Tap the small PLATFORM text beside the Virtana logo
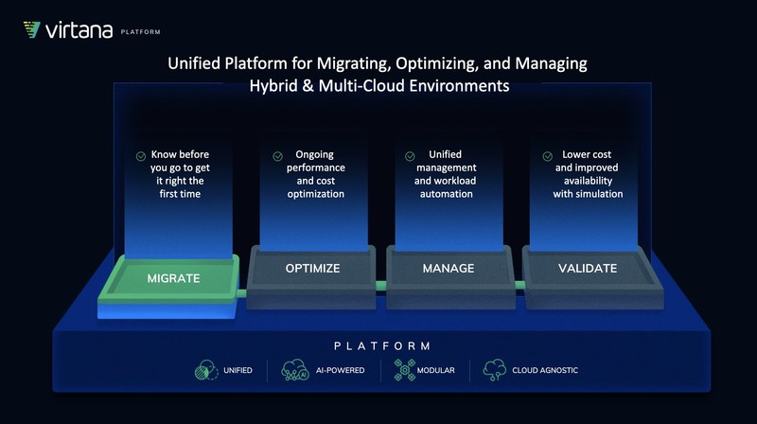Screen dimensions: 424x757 pos(141,32)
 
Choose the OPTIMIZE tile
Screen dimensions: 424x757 pos(312,269)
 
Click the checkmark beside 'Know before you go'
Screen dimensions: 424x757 pos(141,155)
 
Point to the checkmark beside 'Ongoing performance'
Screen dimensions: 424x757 pos(277,156)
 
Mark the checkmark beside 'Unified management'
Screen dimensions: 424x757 pos(410,156)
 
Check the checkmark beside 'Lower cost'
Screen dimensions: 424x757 pos(547,156)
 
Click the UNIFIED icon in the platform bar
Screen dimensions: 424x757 pos(206,369)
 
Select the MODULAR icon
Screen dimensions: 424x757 pos(401,369)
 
